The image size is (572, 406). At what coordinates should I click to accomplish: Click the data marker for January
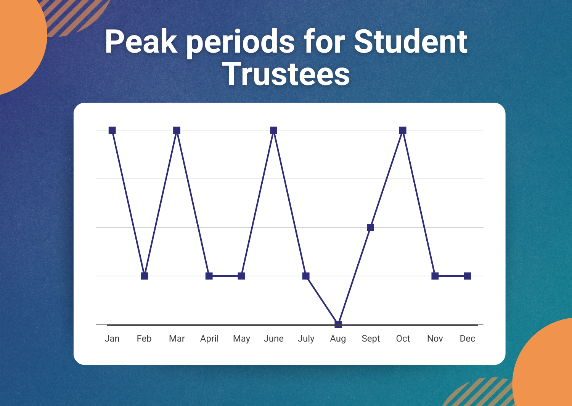tap(112, 130)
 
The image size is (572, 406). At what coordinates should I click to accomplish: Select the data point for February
tap(144, 276)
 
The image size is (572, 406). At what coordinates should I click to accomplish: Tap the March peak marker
tap(177, 130)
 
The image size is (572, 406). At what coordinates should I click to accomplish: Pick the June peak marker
tap(273, 130)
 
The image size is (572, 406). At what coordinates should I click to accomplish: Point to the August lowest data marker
tap(338, 324)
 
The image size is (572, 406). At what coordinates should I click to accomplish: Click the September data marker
tap(370, 227)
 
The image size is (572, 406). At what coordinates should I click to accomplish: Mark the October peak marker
tap(403, 130)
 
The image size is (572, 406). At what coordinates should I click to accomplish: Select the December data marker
tap(467, 276)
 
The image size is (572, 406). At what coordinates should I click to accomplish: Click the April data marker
tap(209, 276)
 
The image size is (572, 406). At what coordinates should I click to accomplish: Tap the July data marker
tap(306, 276)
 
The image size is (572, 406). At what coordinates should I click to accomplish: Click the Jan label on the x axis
tap(112, 339)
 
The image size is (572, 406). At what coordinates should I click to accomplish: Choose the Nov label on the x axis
tap(435, 339)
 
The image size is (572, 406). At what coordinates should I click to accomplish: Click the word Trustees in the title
tap(286, 74)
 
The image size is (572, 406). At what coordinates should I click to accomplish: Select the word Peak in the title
tap(141, 42)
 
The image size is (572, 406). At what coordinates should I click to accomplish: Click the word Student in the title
tap(411, 42)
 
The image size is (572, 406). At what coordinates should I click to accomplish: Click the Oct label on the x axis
tap(403, 339)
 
